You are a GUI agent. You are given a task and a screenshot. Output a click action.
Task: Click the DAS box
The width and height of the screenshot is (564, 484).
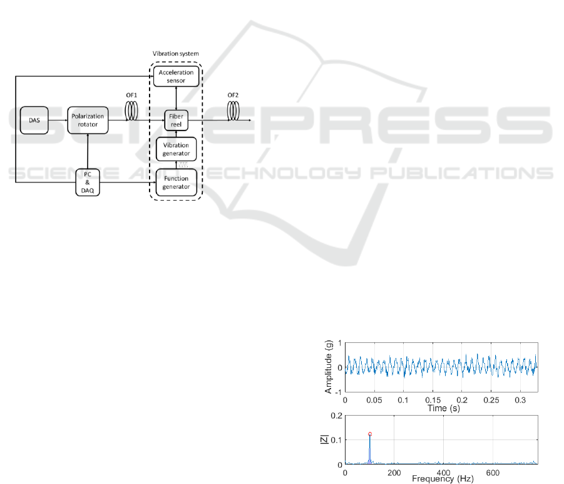click(x=34, y=120)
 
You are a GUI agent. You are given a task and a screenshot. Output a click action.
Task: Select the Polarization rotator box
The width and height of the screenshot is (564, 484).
click(x=88, y=120)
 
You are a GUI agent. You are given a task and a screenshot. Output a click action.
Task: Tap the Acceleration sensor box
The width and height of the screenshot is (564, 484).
click(x=177, y=76)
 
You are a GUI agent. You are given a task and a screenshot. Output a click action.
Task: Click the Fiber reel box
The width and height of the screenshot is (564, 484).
click(x=177, y=120)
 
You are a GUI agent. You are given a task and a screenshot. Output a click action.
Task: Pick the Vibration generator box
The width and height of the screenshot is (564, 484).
click(x=177, y=149)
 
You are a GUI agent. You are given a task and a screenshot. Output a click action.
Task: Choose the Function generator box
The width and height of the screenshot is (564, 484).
click(x=177, y=182)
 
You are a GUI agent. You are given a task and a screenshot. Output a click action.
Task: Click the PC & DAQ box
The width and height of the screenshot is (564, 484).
click(x=88, y=182)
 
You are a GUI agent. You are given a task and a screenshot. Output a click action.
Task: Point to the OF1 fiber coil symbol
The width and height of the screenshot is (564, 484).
click(x=131, y=110)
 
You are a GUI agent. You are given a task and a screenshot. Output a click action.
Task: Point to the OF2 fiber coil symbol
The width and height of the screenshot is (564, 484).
click(x=233, y=110)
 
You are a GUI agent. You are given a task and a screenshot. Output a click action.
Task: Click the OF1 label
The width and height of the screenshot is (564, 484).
click(x=131, y=95)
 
